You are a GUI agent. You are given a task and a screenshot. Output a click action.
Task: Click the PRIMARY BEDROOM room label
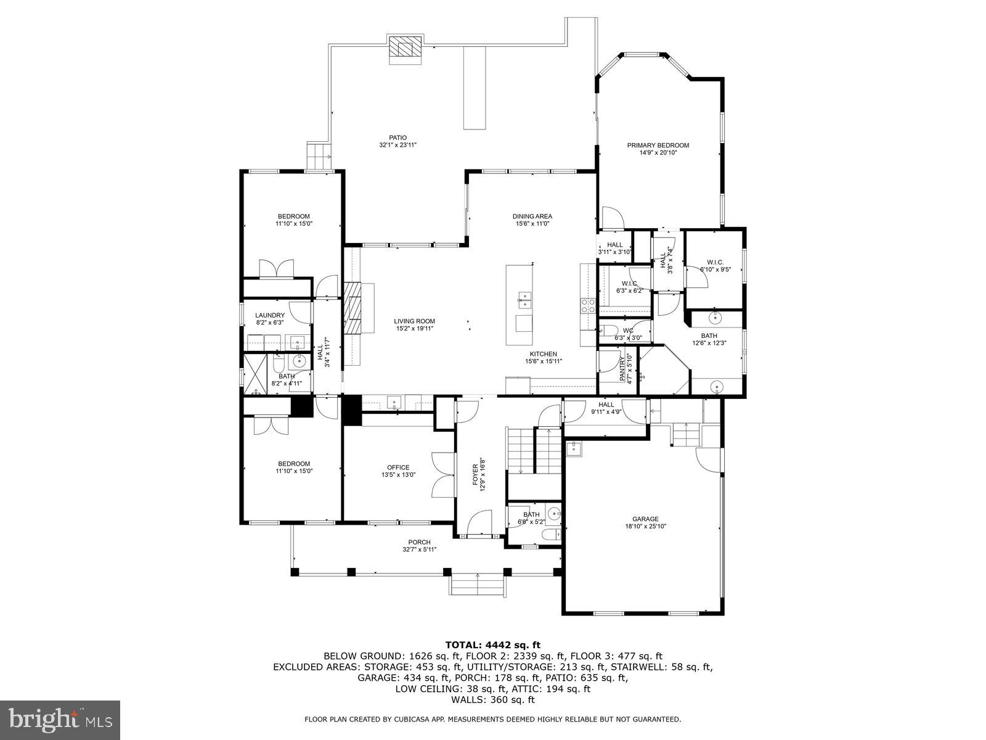658,146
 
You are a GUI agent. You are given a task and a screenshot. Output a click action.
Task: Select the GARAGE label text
645,519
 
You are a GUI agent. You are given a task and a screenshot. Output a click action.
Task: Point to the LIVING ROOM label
415,321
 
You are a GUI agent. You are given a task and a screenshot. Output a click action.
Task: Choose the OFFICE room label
397,467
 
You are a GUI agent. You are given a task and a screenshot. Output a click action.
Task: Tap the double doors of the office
442,474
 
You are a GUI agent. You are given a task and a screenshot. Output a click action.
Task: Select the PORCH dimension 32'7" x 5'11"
419,549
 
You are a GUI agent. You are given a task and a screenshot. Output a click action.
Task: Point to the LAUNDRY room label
270,315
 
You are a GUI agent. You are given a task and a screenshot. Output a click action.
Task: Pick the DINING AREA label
532,216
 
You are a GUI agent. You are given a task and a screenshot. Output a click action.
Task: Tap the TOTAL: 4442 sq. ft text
492,645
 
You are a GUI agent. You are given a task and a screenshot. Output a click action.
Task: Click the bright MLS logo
60,719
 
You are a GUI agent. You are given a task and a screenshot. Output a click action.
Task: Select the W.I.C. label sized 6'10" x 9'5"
715,262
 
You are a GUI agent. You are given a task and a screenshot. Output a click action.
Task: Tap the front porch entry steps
478,585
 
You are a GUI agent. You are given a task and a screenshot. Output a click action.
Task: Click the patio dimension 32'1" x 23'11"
397,145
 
